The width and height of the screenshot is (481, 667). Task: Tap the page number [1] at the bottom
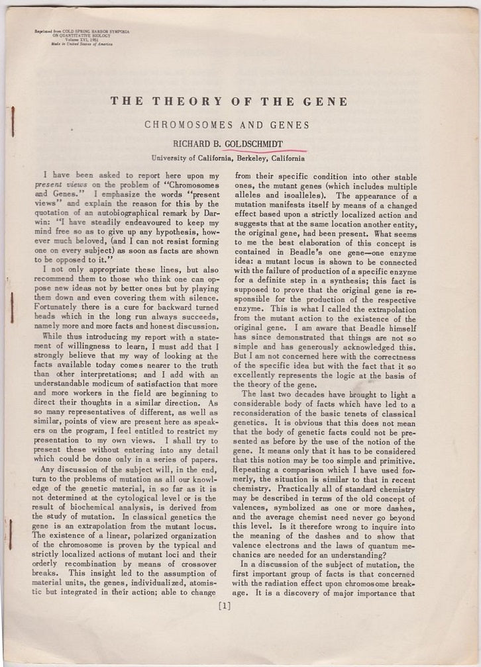[225, 603]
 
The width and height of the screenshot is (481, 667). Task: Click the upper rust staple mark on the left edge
[13, 121]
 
